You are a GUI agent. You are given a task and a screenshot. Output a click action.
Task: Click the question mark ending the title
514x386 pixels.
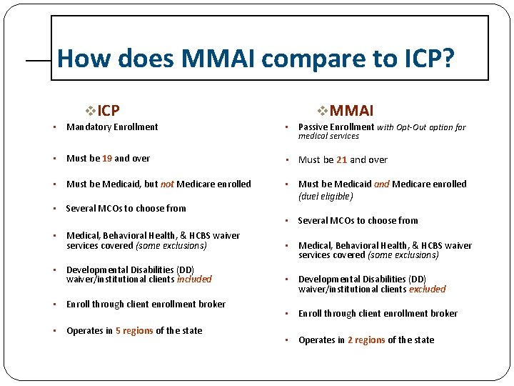point(446,58)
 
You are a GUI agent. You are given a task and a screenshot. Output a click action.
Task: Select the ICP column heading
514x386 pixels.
point(109,110)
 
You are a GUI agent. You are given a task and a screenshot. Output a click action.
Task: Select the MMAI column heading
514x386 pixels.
point(351,110)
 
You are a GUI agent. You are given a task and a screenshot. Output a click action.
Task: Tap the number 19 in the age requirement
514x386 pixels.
point(107,159)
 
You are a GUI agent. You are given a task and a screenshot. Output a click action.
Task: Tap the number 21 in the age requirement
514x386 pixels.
point(341,160)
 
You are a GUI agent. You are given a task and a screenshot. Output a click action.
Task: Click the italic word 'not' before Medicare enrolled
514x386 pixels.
point(167,184)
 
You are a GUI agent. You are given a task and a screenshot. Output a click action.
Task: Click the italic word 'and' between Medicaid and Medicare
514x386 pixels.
point(382,184)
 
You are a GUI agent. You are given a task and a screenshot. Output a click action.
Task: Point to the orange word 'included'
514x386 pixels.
point(194,279)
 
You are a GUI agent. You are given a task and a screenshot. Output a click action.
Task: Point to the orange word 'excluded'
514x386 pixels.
point(427,289)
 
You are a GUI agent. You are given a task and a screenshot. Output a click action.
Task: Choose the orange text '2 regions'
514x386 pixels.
point(366,340)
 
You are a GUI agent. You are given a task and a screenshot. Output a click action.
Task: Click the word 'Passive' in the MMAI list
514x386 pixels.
point(314,127)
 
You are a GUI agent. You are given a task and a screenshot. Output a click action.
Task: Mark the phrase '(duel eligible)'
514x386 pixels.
point(326,196)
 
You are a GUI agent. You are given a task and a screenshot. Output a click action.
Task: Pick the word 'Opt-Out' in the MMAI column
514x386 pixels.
point(411,127)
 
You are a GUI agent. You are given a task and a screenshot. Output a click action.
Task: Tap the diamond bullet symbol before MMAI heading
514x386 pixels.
point(322,111)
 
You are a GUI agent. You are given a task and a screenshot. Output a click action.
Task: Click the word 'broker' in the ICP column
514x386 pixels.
point(212,305)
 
